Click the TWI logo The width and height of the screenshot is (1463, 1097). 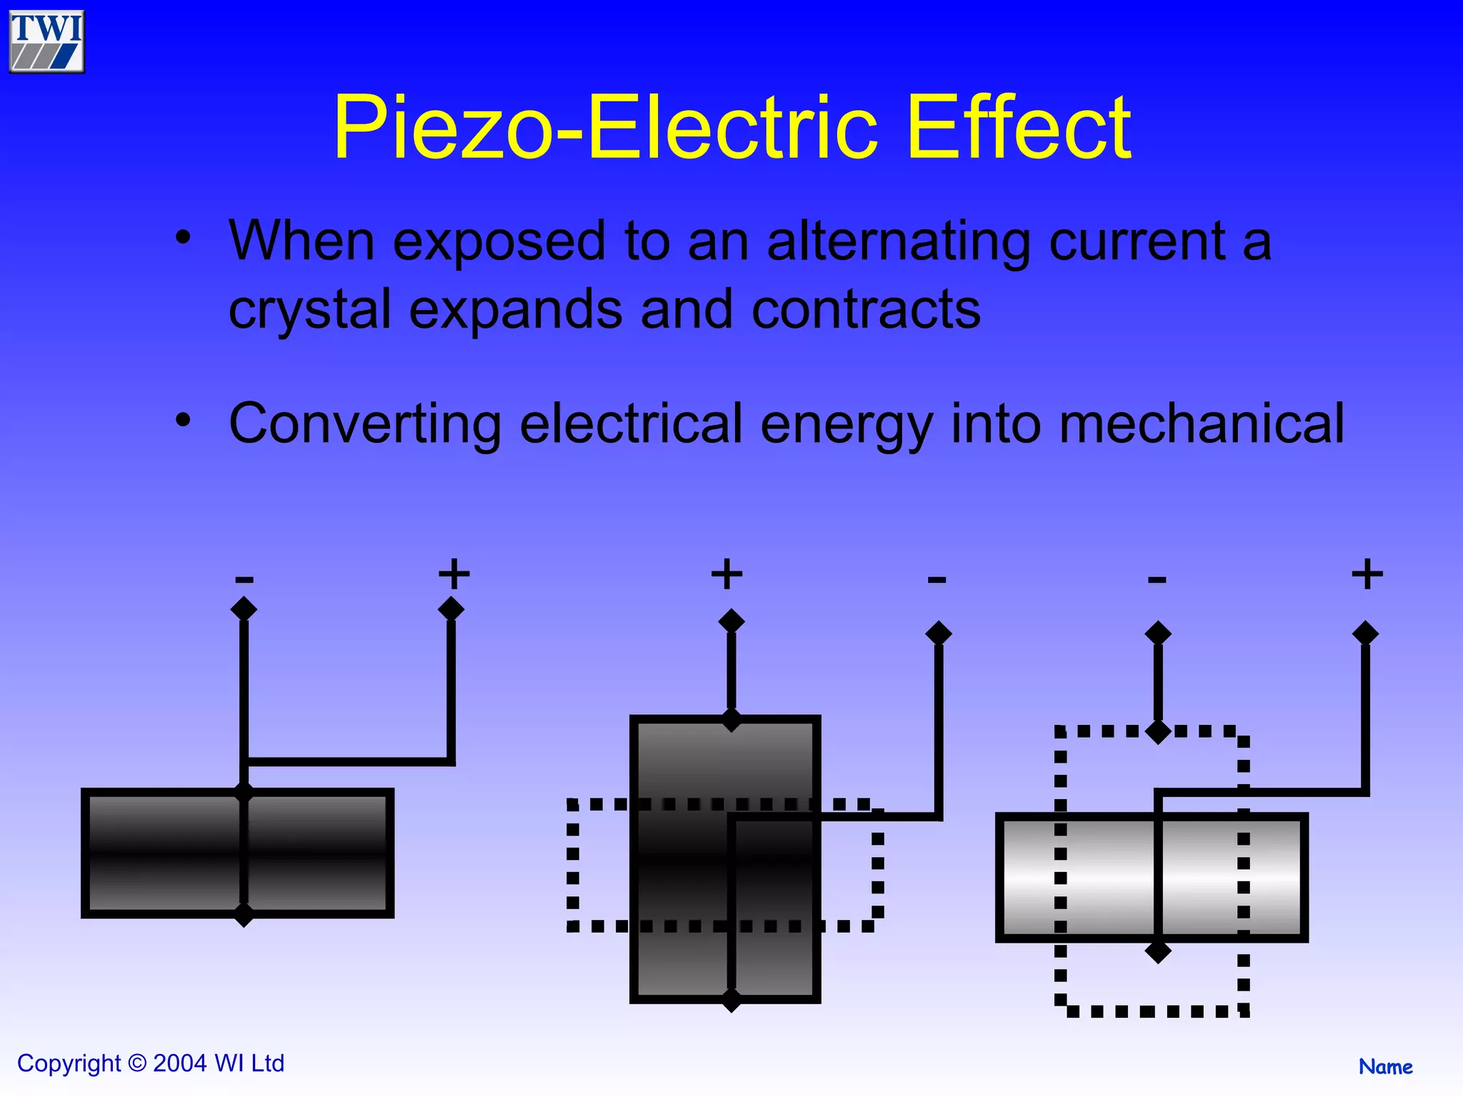click(x=46, y=41)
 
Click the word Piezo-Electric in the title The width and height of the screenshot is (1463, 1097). click(x=604, y=128)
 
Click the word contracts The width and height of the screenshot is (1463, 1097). click(x=866, y=310)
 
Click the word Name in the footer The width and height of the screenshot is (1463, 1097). click(x=1385, y=1067)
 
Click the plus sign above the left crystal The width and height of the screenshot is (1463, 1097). click(x=454, y=574)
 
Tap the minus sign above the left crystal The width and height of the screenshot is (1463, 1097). click(x=244, y=578)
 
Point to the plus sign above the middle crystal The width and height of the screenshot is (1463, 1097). click(x=727, y=574)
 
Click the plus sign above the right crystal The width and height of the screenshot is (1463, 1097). click(x=1367, y=574)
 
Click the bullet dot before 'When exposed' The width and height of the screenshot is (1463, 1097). click(x=184, y=238)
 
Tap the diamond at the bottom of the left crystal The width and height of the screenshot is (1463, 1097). click(x=244, y=914)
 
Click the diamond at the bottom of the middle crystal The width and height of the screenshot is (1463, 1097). click(x=731, y=999)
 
